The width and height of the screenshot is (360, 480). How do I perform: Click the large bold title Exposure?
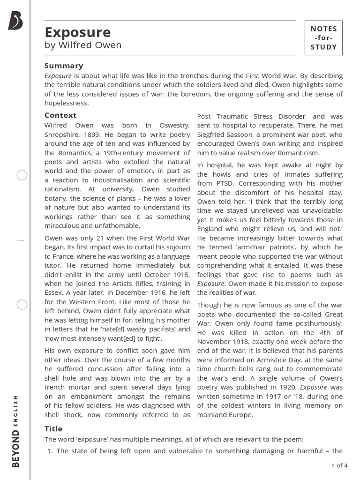(78, 32)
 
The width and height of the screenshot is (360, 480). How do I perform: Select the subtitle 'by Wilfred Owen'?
(83, 45)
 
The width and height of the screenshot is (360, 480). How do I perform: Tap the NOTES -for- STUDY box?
(323, 38)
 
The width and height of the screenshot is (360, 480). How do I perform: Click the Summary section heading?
(64, 66)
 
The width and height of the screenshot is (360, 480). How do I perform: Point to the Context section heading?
(60, 115)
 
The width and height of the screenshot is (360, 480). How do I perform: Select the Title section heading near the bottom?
(53, 428)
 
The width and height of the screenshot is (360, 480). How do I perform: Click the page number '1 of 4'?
(339, 465)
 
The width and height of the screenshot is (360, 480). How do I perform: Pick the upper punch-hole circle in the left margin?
(22, 176)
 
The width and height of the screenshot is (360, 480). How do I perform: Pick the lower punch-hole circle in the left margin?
(22, 305)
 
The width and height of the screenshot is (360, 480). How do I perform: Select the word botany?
(57, 198)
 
